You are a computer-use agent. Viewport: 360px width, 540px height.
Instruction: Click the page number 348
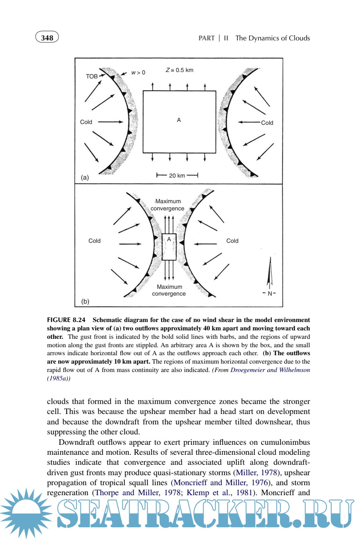click(x=47, y=38)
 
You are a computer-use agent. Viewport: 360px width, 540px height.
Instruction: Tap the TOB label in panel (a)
click(x=92, y=76)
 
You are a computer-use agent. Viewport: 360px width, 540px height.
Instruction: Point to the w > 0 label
click(x=138, y=72)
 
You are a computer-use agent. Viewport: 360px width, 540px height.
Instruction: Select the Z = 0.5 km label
click(x=179, y=70)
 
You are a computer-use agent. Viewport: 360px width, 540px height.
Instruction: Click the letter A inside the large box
click(x=179, y=120)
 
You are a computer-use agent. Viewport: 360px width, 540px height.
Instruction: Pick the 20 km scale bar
click(x=177, y=175)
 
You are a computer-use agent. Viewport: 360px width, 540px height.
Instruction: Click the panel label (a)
click(x=85, y=177)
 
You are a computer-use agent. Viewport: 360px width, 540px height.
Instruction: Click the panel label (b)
click(x=85, y=301)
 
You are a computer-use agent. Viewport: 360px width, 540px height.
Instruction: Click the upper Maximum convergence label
click(x=168, y=205)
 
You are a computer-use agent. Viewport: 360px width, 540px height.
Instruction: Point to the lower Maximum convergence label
click(x=169, y=290)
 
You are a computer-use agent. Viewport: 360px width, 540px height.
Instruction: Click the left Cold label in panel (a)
click(x=86, y=122)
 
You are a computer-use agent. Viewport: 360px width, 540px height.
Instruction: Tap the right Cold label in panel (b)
click(x=232, y=241)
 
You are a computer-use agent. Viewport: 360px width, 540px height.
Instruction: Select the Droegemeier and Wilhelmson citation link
click(x=270, y=370)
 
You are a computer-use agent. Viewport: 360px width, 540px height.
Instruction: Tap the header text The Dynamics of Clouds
click(x=272, y=38)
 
